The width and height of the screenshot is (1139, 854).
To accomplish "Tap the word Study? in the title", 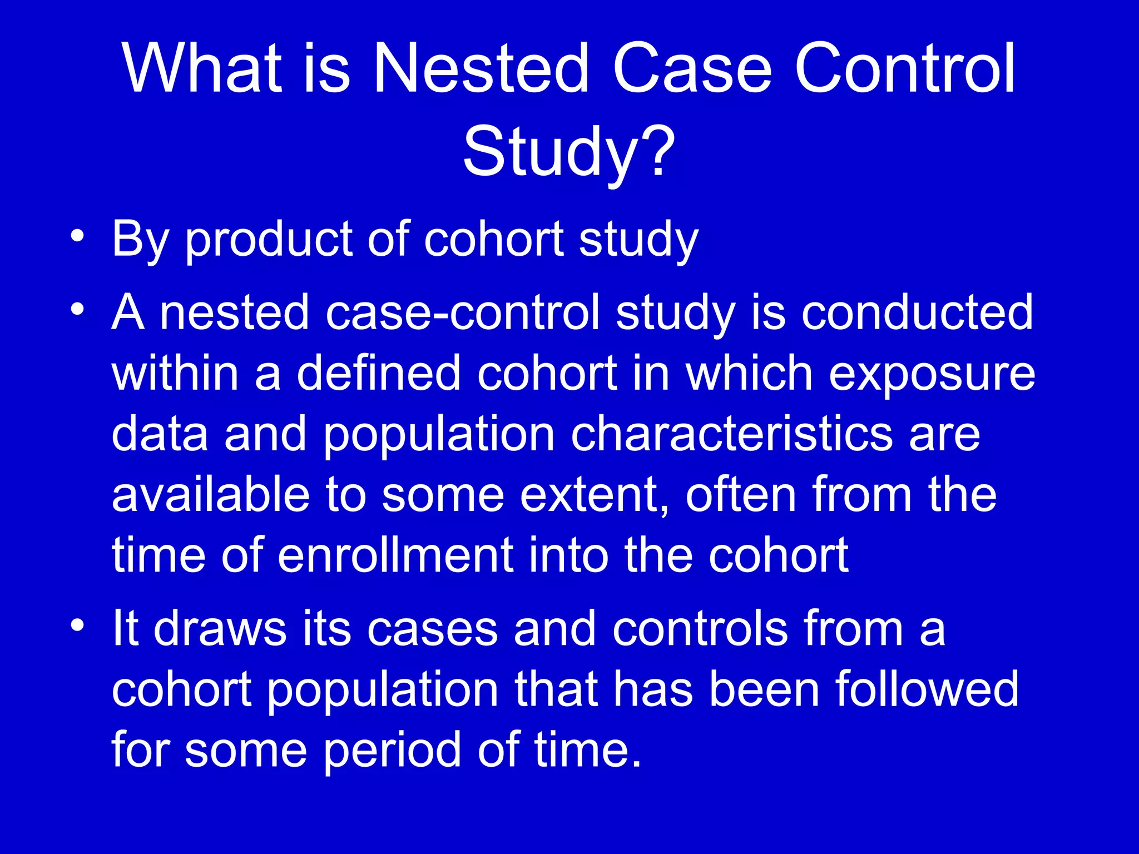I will point(568,151).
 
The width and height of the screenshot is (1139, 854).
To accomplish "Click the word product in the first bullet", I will point(269,240).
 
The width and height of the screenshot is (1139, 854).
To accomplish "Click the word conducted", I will point(917,312).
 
